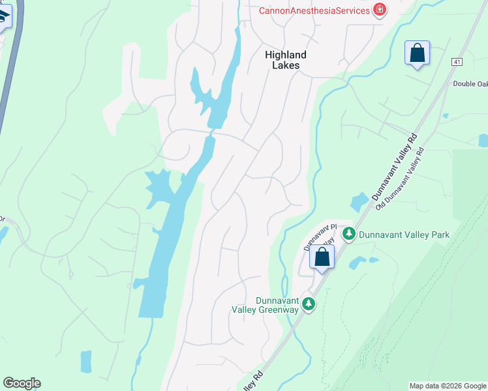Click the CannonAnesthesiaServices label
(x=314, y=10)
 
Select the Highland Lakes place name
(x=285, y=60)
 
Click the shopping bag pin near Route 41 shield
(x=418, y=53)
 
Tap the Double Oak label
(x=470, y=83)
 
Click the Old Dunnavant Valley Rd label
(x=401, y=177)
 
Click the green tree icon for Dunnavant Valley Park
(x=349, y=233)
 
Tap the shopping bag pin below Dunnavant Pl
(x=322, y=257)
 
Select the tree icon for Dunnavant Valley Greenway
(x=308, y=304)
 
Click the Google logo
(x=22, y=383)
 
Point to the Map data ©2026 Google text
(x=448, y=386)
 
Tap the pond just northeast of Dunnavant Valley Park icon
(x=359, y=202)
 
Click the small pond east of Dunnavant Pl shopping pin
(x=358, y=263)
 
